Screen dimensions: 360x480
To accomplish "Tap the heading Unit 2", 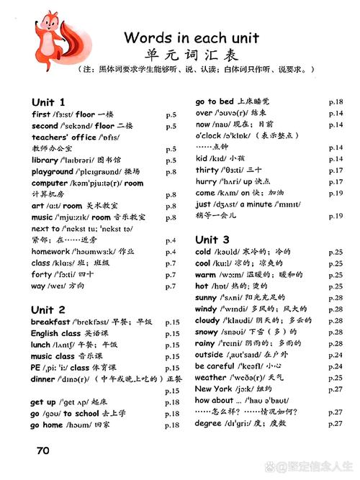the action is pos(48,309).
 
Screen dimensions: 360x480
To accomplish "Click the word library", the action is pos(44,160).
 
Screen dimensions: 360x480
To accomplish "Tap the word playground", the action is pos(52,171).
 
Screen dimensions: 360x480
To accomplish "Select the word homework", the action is pos(50,251).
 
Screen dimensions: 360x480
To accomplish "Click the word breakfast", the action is pos(50,322).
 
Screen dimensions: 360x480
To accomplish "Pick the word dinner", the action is pos(43,379).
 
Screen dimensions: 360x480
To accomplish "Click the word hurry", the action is pos(205,181).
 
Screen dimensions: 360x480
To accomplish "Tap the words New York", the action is pos(213,389).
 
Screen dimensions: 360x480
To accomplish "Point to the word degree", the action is pos(209,423).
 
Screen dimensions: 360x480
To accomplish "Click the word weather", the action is pos(210,377).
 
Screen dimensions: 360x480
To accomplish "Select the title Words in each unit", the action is pos(191,37).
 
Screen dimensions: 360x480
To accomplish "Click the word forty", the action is pos(41,274).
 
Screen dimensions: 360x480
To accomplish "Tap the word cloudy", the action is pos(208,320).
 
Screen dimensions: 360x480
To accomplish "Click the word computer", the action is pos(49,183).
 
